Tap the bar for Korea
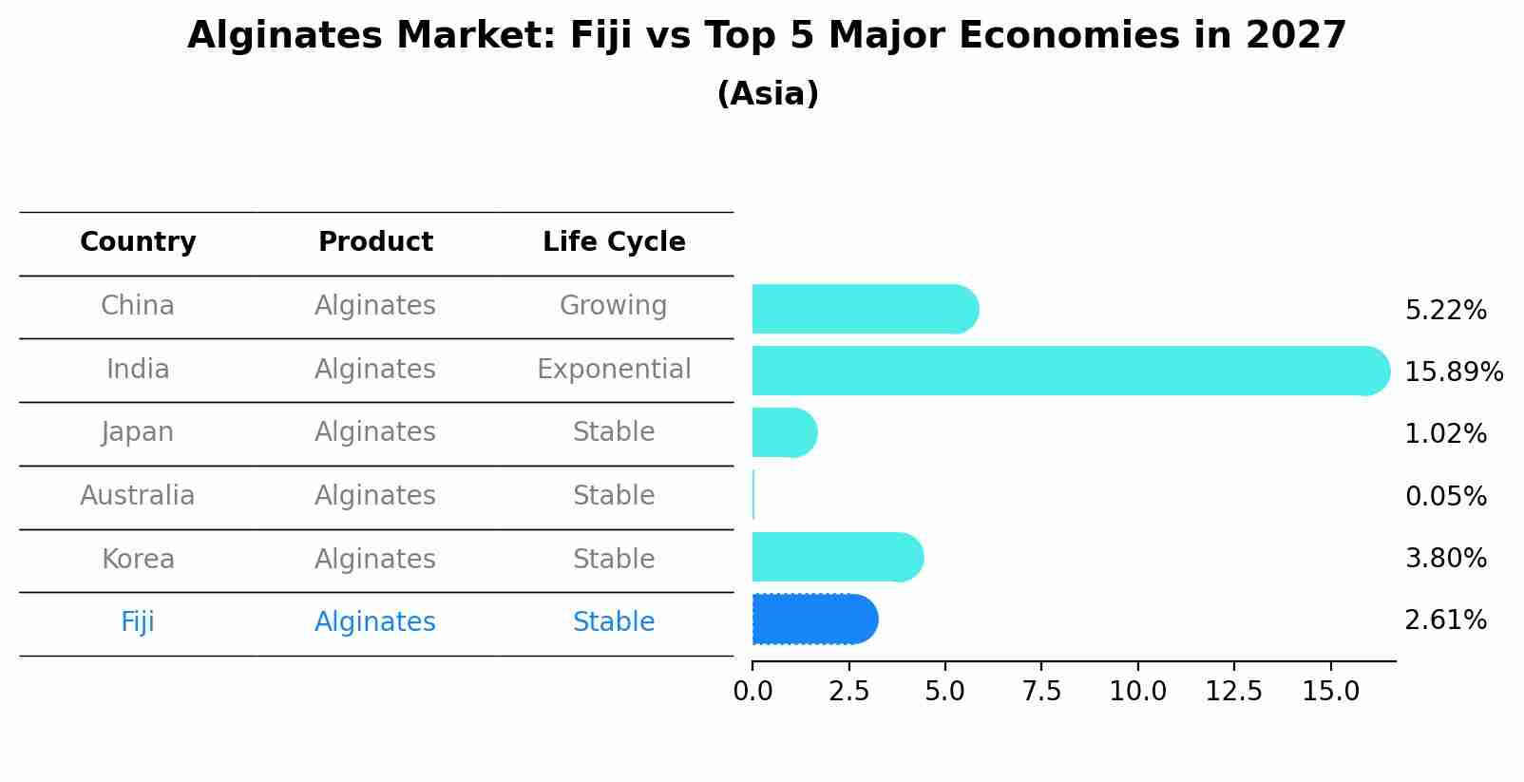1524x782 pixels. coord(837,557)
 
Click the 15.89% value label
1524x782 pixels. coord(1453,372)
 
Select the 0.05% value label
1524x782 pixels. coord(1445,496)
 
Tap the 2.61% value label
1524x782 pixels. coord(1445,620)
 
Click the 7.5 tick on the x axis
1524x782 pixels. coord(1041,692)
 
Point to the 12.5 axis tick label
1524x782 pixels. coord(1233,692)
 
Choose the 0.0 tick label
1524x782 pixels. coord(752,692)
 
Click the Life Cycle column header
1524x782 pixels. coord(614,242)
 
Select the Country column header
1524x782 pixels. coord(138,242)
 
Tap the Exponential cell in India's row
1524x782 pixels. coord(614,369)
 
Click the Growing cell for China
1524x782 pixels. coord(613,306)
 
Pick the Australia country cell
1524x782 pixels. coord(138,496)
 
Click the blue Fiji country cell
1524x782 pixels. coord(138,622)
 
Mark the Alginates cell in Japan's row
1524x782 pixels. coord(374,432)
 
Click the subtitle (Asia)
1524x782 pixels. coord(768,94)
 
